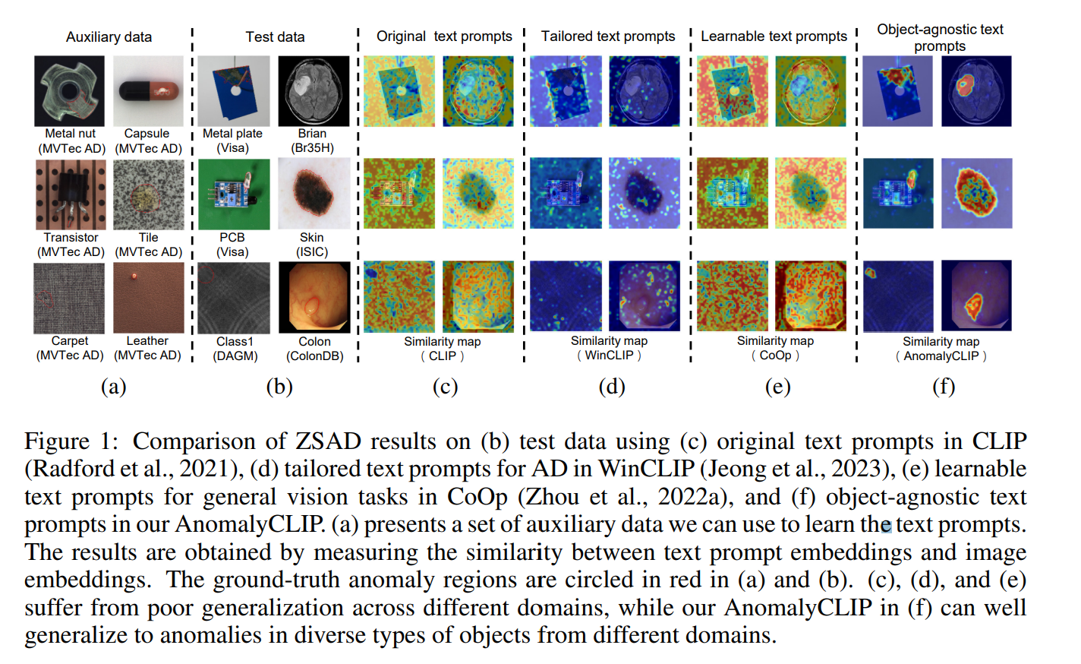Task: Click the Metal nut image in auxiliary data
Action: coord(70,90)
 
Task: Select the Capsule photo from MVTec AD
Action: coord(148,90)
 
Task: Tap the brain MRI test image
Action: coord(313,90)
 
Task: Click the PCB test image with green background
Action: coord(234,194)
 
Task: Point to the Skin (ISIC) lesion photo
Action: coord(314,194)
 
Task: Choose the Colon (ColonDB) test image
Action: coord(314,297)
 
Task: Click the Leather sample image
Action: coord(148,297)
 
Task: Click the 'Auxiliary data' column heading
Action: coord(109,36)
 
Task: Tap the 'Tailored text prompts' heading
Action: coord(607,36)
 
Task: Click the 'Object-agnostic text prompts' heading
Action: coord(940,37)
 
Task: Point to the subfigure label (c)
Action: coord(445,387)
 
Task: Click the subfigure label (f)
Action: coord(943,387)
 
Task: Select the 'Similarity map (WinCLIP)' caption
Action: coord(609,348)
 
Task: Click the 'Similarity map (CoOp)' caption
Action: coord(775,348)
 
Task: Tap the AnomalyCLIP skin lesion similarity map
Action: coord(976,193)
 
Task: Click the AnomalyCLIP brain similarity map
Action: coord(976,90)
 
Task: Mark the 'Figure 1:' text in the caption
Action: coord(71,441)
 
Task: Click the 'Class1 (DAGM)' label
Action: coord(235,349)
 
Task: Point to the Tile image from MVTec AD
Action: coord(148,194)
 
